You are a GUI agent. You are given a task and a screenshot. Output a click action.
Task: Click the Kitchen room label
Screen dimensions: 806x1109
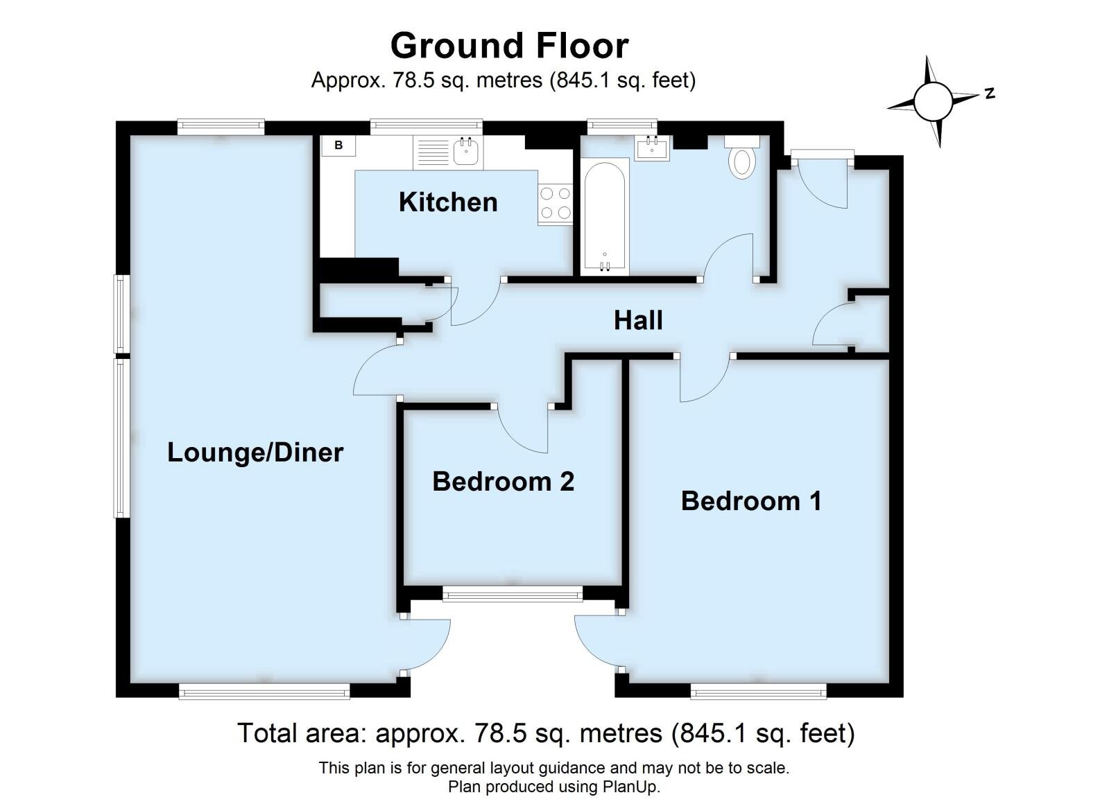tap(448, 202)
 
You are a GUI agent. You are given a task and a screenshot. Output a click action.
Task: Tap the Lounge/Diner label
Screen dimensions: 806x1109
tap(255, 453)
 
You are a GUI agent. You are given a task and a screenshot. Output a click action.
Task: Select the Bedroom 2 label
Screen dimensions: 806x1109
tap(503, 481)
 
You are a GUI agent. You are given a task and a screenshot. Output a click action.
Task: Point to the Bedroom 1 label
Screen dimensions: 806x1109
tap(750, 500)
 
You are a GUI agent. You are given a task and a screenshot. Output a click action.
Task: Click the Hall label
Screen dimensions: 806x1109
tap(638, 320)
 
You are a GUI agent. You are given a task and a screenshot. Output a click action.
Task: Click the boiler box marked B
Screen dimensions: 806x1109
tap(338, 146)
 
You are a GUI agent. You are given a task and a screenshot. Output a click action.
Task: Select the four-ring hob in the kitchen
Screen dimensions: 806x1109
tap(555, 203)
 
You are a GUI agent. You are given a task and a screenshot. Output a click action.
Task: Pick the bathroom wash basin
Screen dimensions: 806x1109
tap(652, 148)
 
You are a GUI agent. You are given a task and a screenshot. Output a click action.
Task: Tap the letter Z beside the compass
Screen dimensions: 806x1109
tap(990, 93)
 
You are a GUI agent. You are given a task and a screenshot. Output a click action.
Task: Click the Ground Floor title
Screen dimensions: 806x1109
tap(509, 46)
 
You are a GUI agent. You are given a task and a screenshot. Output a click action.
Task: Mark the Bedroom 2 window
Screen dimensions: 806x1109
tap(513, 594)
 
